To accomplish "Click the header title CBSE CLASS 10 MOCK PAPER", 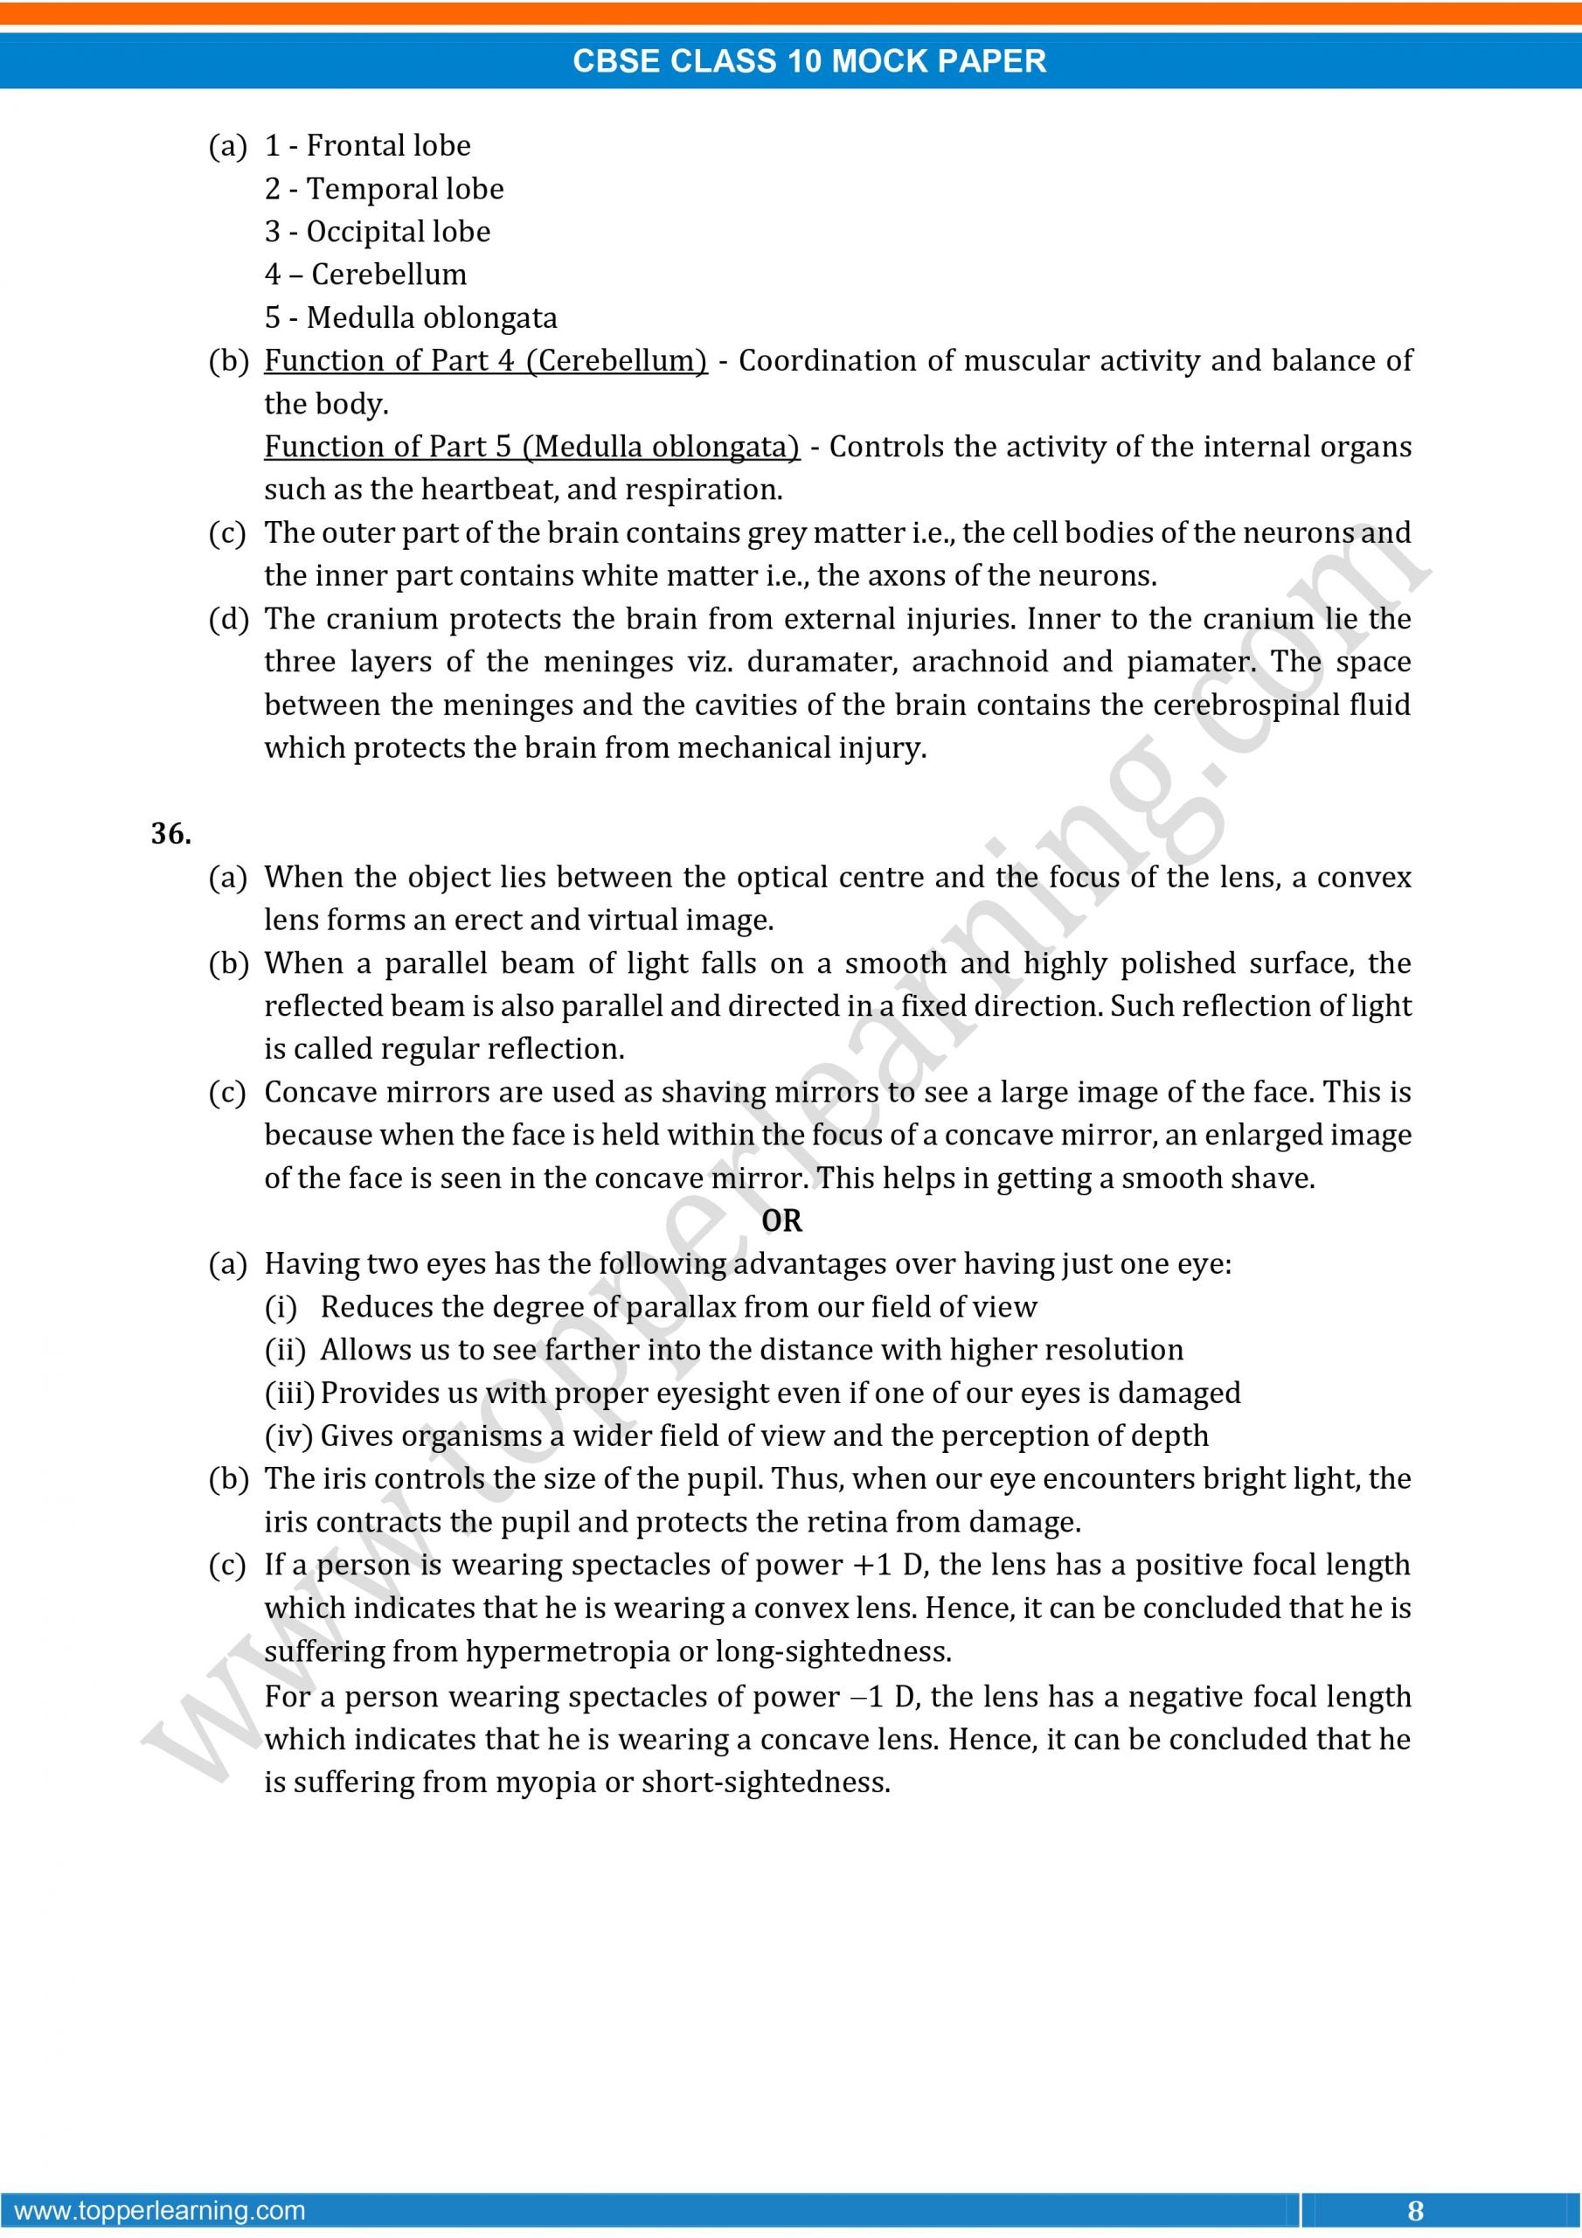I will [x=809, y=60].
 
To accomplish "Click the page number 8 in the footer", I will [x=1415, y=2210].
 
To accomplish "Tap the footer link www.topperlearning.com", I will [x=161, y=2210].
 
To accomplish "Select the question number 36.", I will [x=170, y=833].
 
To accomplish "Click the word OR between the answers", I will [x=781, y=1220].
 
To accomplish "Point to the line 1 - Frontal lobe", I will [x=367, y=146].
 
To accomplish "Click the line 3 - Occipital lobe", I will [x=378, y=232].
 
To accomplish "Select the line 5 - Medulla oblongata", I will [x=411, y=317].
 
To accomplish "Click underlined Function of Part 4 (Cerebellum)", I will [x=485, y=361].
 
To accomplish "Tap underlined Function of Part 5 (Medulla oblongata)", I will [x=531, y=447].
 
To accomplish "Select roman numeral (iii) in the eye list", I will [x=289, y=1393].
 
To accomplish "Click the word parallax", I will [x=679, y=1307].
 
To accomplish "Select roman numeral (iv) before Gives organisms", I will [x=288, y=1435].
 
